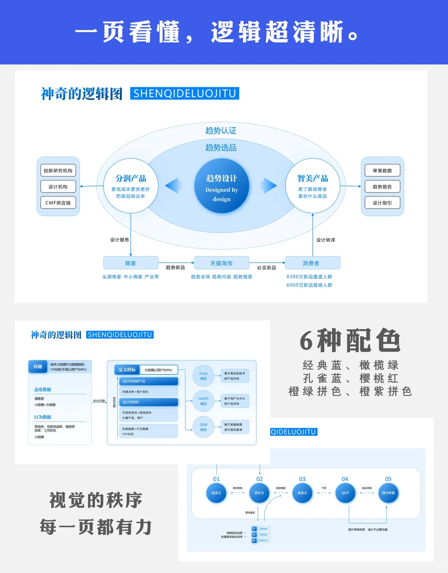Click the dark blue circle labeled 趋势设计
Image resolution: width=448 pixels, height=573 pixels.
click(222, 186)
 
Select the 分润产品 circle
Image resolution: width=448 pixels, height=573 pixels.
click(131, 186)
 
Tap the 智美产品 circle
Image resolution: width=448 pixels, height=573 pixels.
click(312, 186)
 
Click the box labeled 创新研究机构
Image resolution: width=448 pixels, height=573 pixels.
click(58, 170)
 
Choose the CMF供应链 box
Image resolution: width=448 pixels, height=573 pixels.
click(58, 203)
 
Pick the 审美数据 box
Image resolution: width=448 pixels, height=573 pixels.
click(382, 170)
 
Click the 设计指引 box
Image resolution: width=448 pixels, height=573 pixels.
click(382, 203)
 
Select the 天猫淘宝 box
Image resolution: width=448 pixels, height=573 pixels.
click(222, 263)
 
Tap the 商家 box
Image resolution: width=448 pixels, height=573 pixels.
click(131, 263)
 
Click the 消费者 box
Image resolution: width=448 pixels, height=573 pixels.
click(311, 263)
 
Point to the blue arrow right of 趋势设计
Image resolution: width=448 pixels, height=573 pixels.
click(270, 185)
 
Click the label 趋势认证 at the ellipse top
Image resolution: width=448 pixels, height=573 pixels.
click(221, 131)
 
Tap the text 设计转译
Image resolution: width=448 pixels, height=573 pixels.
click(326, 240)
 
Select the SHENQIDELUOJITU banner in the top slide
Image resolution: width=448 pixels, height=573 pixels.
click(185, 93)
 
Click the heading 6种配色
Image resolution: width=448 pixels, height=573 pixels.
click(351, 340)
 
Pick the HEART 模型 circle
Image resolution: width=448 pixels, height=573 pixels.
click(203, 401)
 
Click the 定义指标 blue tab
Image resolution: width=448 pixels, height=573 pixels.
click(127, 369)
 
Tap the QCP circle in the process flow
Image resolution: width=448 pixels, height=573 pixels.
click(345, 493)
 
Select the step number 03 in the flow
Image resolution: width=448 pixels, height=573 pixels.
click(302, 479)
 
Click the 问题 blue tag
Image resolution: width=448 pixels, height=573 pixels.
click(38, 367)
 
